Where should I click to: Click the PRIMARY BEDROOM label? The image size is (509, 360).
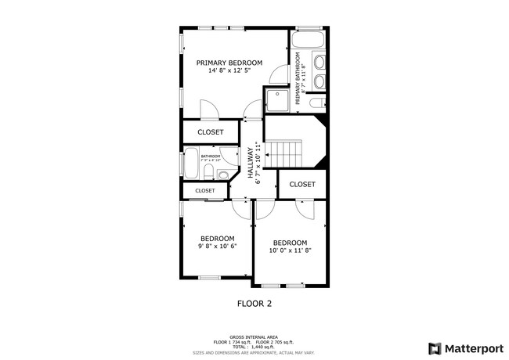[x=229, y=63]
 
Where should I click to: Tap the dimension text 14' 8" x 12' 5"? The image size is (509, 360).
[x=229, y=71]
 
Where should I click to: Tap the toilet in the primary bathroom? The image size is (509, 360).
[x=316, y=102]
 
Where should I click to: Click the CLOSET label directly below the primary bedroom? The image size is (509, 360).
[x=210, y=132]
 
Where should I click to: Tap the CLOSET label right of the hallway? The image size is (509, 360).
[x=301, y=185]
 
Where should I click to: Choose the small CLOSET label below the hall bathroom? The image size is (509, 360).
[x=205, y=190]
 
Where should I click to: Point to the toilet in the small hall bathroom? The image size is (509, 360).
[x=222, y=175]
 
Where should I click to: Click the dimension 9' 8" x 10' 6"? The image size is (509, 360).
[x=217, y=246]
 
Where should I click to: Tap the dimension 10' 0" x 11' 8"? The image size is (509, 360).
[x=290, y=250]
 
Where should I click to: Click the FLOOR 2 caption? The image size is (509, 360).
[x=254, y=302]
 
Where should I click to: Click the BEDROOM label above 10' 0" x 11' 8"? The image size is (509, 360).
[x=290, y=243]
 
